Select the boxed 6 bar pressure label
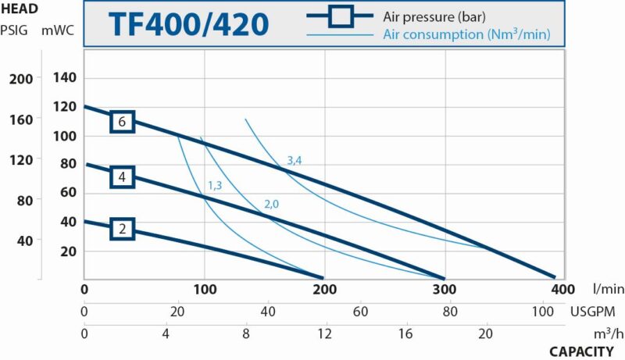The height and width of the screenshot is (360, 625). click(x=122, y=121)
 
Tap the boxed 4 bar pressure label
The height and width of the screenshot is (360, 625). click(x=122, y=177)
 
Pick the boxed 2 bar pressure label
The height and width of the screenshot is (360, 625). click(x=122, y=229)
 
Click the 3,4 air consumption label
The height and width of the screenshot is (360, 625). click(x=295, y=160)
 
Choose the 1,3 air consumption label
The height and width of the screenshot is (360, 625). click(x=215, y=185)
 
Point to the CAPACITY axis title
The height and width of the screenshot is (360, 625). click(x=581, y=351)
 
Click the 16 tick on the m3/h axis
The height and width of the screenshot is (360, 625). click(x=405, y=333)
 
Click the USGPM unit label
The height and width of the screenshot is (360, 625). click(x=591, y=312)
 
